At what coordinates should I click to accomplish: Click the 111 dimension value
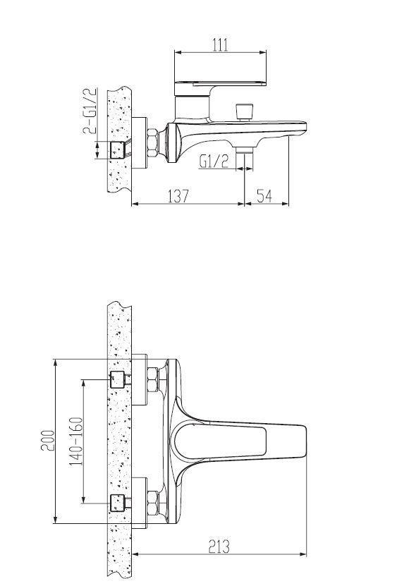[x=220, y=45]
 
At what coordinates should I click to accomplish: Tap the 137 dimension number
[x=178, y=196]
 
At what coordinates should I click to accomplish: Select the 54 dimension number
[x=264, y=196]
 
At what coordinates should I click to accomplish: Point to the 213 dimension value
[x=219, y=547]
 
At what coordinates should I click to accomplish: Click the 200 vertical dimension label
[x=48, y=441]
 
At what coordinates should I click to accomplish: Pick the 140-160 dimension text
[x=75, y=441]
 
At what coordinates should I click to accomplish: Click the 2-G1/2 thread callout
[x=90, y=111]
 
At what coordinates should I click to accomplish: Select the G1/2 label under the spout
[x=214, y=161]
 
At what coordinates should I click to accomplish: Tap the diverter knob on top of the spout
[x=245, y=111]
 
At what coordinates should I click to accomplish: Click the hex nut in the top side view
[x=152, y=142]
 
